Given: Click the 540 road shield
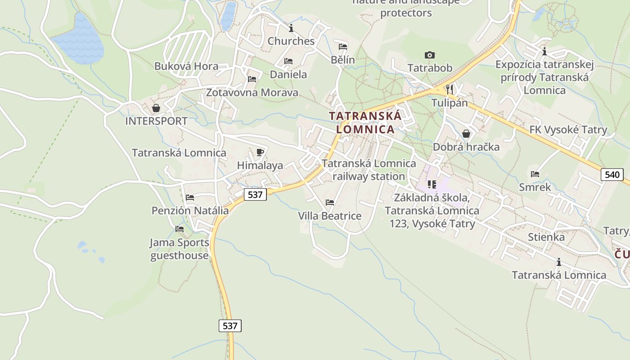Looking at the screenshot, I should coord(612,175).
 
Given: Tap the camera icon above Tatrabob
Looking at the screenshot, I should coord(430,55).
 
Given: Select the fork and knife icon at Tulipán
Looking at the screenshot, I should coord(449,88).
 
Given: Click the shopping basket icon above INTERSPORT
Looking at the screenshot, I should coord(156,108).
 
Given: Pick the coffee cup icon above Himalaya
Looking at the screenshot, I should coord(260,152).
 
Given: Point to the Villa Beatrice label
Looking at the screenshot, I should coord(330,216).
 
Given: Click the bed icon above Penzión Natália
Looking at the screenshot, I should coord(190,197).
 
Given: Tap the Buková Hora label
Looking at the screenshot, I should coord(186,66).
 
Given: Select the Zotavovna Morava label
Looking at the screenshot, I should coord(252,93).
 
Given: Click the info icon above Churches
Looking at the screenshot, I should coord(291,28).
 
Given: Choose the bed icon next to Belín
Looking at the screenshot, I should coord(343,46).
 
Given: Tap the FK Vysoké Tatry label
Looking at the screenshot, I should coord(568,130).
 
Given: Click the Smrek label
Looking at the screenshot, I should coord(535,187).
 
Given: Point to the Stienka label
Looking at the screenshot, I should coord(546,237).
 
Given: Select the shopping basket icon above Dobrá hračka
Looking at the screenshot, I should coord(466,134).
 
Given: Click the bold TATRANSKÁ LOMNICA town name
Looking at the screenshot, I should coord(365,122).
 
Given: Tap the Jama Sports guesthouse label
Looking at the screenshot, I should coord(180,249).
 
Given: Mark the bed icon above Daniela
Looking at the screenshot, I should coord(288,61).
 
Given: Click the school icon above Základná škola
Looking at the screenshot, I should coord(432,184).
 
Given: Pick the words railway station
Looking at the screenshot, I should coord(369,176).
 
